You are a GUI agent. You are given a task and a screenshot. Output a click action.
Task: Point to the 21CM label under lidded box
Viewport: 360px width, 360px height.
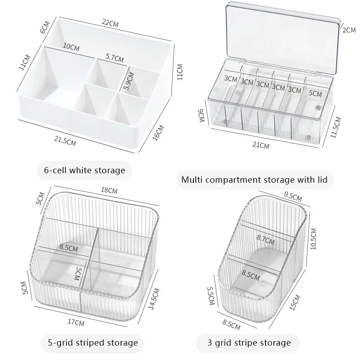261,145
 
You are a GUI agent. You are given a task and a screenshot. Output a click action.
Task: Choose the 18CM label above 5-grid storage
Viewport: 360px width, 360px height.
109,191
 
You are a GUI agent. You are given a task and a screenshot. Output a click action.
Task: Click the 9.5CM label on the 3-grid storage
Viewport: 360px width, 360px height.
293,197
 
